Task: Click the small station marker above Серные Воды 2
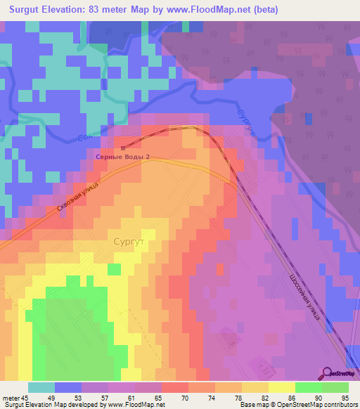[123, 148]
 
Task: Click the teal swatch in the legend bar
[41, 387]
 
